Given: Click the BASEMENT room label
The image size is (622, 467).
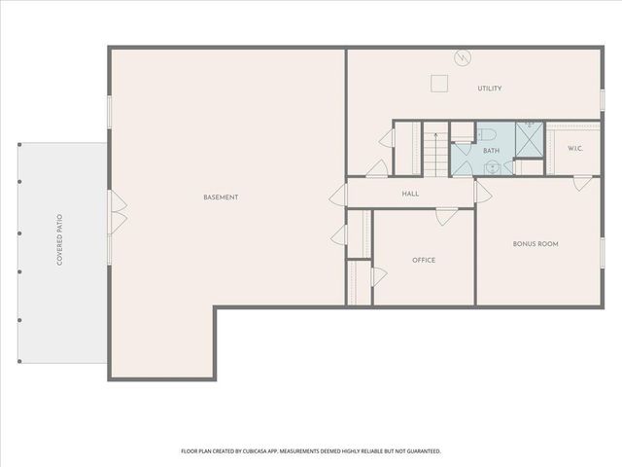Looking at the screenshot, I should click(x=221, y=198).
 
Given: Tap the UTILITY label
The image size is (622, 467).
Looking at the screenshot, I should click(x=489, y=89).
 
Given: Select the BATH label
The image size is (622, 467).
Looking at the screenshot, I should click(x=491, y=151).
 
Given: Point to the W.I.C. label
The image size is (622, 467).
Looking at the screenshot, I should click(x=574, y=148).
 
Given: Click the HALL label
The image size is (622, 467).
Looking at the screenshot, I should click(x=410, y=194).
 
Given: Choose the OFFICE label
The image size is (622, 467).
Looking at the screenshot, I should click(x=423, y=260).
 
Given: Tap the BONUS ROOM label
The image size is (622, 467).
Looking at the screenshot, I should click(x=536, y=243).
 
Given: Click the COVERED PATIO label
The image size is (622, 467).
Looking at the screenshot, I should click(x=59, y=240).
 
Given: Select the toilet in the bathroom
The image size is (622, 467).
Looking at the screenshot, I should click(x=487, y=133).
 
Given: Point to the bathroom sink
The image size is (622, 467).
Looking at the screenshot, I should click(x=493, y=167).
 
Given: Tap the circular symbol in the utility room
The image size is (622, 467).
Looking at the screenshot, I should click(x=464, y=57).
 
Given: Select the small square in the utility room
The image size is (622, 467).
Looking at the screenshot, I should click(x=439, y=84).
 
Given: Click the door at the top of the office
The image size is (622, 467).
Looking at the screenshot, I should click(x=443, y=216).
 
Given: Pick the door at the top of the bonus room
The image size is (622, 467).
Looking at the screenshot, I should click(x=581, y=183).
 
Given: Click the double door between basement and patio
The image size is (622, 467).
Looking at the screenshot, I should click(x=117, y=213).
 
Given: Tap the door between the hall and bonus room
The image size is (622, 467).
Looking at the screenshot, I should click(x=482, y=193).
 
